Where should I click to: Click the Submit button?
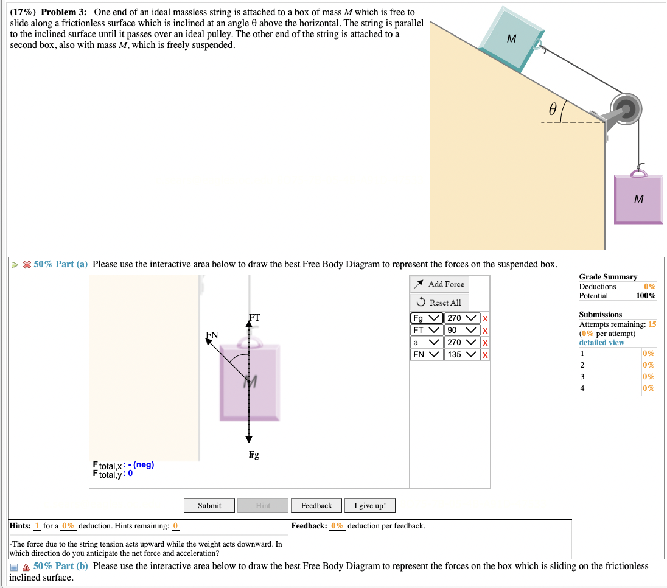point(209,505)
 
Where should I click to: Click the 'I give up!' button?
point(370,505)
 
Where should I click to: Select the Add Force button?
point(440,284)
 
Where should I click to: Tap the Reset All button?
point(440,303)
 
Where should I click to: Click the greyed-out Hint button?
point(263,505)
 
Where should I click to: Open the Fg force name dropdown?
point(427,318)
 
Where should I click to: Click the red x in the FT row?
point(484,331)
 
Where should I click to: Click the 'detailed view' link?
point(601,343)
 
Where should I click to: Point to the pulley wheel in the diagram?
point(626,110)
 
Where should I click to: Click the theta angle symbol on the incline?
point(552,109)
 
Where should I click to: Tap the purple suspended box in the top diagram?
point(638,199)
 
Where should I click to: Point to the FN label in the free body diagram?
point(212,335)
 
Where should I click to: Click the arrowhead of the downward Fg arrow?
point(248,439)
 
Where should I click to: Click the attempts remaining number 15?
point(652,324)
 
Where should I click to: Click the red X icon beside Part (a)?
point(26,264)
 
